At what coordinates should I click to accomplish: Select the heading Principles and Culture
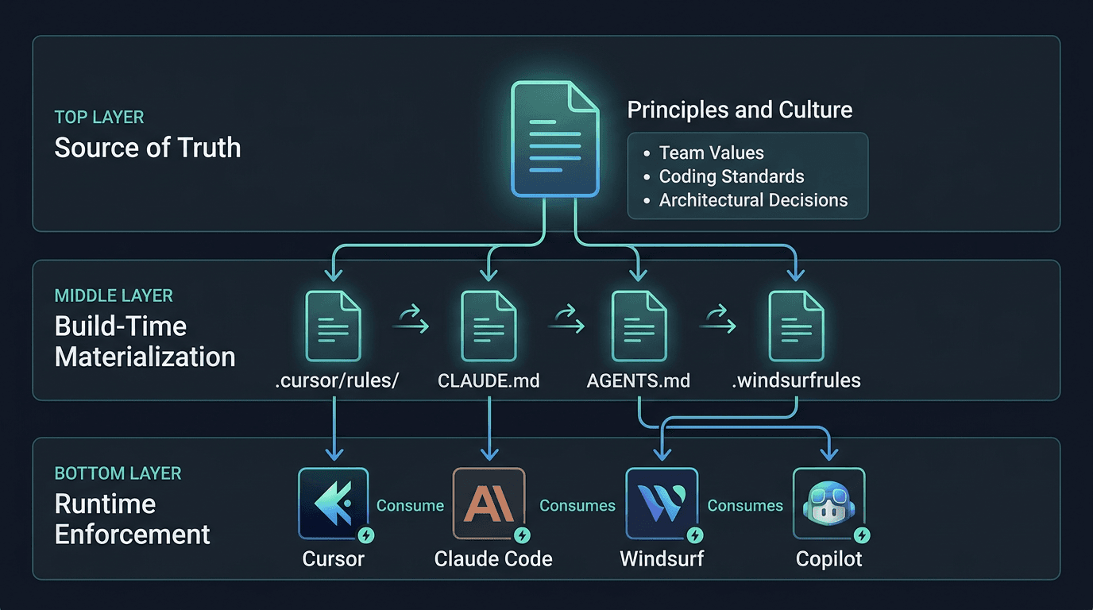coord(740,110)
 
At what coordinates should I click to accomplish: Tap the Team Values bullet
coord(711,153)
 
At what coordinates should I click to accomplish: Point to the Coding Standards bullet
coord(731,176)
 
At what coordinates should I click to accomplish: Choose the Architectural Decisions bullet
coord(753,200)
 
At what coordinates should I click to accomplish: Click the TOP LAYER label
coord(99,118)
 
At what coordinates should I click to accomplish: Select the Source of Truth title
coord(148,148)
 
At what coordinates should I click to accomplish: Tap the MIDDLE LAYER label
coord(114,296)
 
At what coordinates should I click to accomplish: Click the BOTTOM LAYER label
coord(118,473)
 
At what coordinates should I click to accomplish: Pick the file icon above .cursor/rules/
coord(333,326)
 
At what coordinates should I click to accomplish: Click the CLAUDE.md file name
coord(489,380)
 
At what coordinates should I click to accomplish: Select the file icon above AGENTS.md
coord(639,326)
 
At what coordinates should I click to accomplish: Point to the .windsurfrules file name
coord(796,380)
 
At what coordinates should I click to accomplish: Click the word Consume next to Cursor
coord(410,505)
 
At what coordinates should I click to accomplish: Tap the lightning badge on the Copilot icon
coord(861,535)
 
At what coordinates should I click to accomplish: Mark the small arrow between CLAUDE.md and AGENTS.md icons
coord(566,322)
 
